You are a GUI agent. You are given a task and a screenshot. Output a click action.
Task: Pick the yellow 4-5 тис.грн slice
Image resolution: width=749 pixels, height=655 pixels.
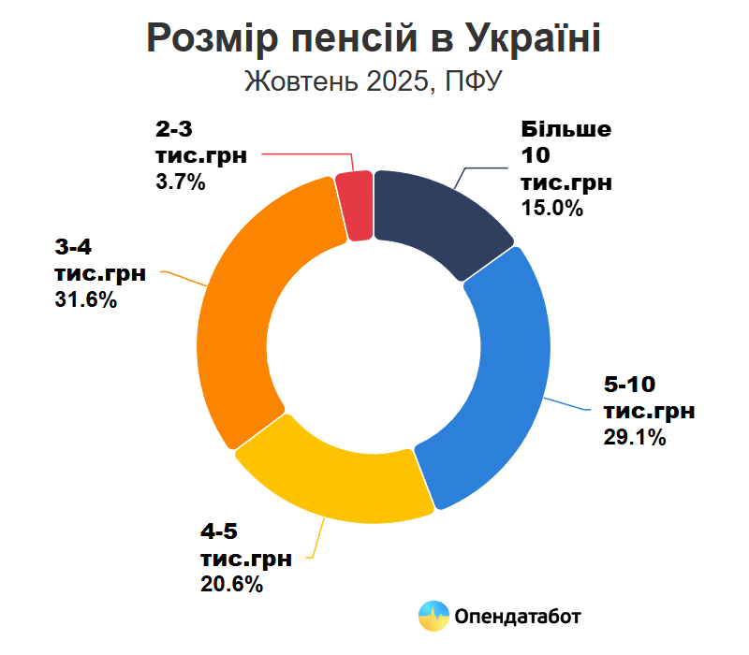(337, 477)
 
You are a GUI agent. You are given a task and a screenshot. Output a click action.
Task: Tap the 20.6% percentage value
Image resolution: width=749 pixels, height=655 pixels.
(231, 585)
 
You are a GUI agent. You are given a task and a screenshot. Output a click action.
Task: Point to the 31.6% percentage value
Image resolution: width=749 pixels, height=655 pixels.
(85, 301)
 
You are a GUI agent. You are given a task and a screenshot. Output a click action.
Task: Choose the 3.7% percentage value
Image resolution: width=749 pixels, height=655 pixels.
(181, 182)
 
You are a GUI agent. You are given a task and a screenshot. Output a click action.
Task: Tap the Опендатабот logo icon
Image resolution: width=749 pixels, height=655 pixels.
(433, 616)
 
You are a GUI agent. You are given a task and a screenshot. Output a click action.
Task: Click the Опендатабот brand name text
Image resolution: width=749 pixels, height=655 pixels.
(517, 617)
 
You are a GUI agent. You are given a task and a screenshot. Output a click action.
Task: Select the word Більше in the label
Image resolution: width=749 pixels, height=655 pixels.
(566, 129)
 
